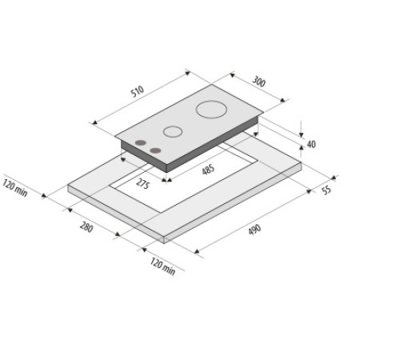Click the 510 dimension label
click(138, 93)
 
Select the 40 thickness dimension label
click(311, 145)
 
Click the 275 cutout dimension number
click(143, 185)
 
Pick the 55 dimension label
click(326, 190)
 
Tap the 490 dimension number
click(254, 230)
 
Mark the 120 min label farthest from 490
click(15, 190)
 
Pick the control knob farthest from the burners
click(142, 145)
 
